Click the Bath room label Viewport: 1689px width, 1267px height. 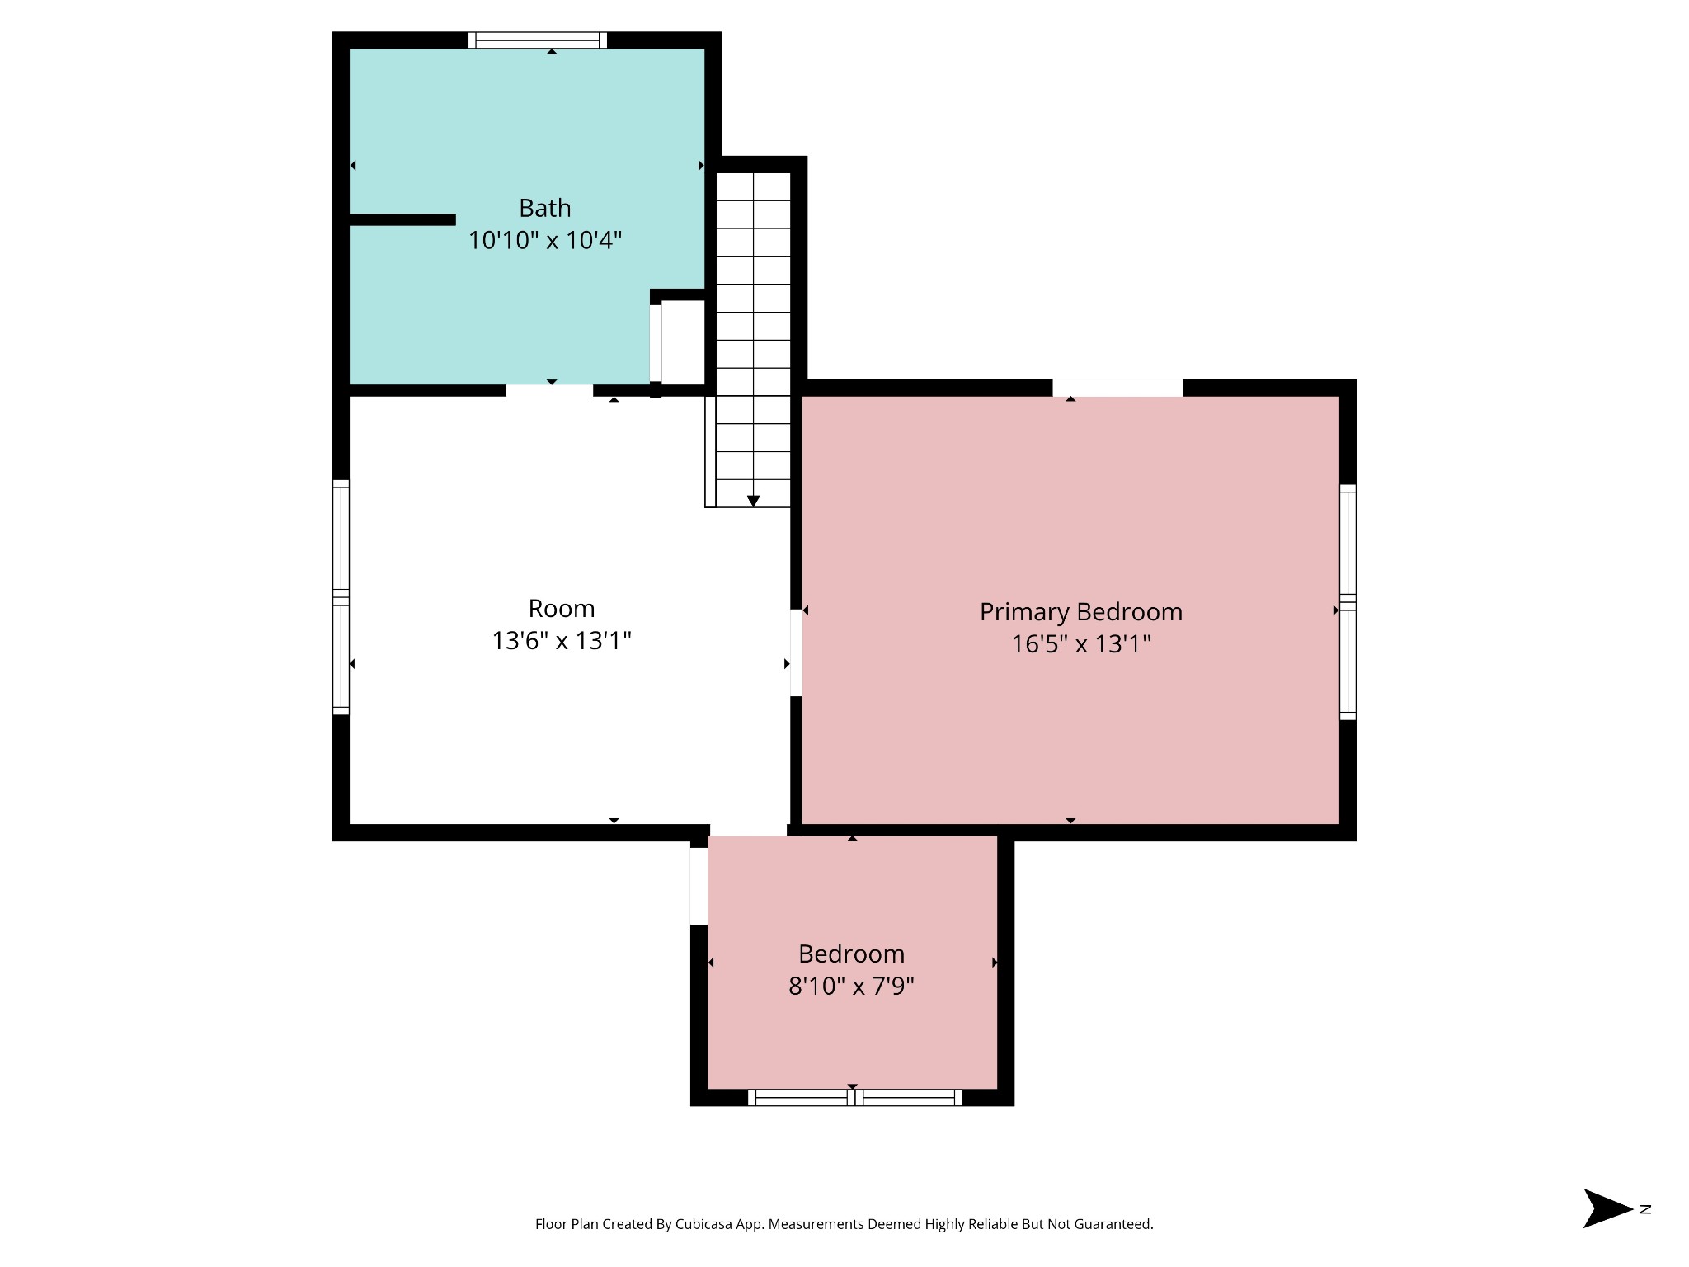544,208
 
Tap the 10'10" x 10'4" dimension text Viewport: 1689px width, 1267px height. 544,240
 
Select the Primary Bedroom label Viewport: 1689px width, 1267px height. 1080,612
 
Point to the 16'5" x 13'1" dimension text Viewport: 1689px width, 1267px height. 1080,643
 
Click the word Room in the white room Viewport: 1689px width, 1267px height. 561,609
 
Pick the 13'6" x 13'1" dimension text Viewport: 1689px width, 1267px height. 561,641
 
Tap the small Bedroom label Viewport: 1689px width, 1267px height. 851,954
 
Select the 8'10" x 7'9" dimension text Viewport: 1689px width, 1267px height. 851,986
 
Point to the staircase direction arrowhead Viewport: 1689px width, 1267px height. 753,501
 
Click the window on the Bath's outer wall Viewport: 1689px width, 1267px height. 538,40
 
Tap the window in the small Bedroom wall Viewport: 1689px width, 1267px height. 855,1097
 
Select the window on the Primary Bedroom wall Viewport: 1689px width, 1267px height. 1348,602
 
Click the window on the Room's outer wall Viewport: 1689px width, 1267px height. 341,597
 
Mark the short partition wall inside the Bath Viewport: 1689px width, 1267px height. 402,219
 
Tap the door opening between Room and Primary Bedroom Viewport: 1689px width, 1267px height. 796,652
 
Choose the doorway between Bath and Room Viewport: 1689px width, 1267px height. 549,390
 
